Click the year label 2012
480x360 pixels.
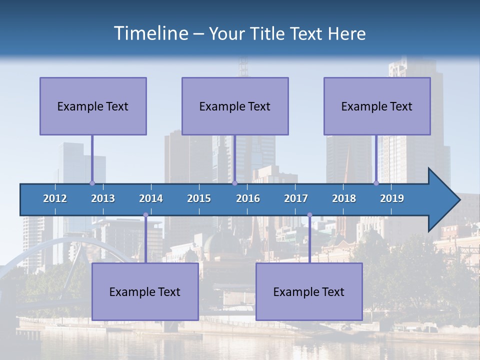click(55, 198)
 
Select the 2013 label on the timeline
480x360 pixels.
click(103, 198)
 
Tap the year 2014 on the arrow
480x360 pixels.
click(151, 198)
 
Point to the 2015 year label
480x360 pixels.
click(199, 198)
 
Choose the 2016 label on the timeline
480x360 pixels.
click(248, 198)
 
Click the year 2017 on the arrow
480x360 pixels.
click(296, 198)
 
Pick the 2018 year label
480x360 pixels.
click(344, 198)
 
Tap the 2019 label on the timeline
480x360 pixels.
click(392, 198)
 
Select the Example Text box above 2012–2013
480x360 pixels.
click(93, 106)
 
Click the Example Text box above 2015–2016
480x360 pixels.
click(235, 106)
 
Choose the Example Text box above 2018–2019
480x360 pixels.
click(377, 106)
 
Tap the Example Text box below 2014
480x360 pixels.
click(145, 291)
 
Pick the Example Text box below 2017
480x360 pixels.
click(309, 291)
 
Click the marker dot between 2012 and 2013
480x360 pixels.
click(92, 183)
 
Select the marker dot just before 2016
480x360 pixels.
click(234, 183)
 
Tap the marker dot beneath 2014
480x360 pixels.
click(145, 215)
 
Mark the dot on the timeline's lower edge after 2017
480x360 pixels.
click(309, 215)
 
